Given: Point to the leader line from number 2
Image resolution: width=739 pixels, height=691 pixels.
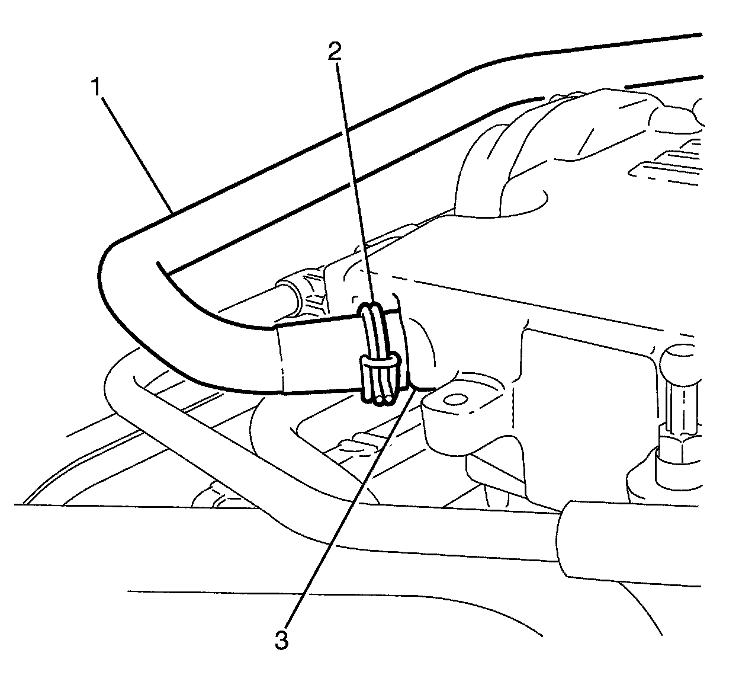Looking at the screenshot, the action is (354, 178).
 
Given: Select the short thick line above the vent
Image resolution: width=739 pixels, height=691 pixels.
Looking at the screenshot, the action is (663, 82).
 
